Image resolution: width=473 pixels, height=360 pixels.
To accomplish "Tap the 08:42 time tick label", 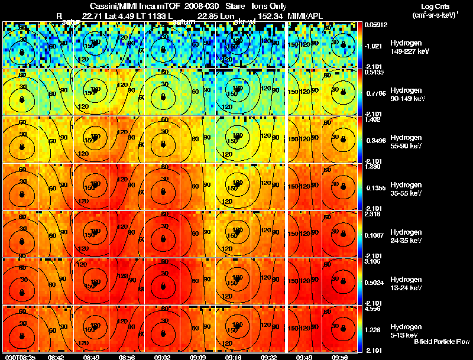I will click(x=56, y=357).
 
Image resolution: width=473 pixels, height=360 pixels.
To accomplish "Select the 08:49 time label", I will click(x=91, y=357).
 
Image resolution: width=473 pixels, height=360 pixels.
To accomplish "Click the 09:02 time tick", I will click(x=163, y=357).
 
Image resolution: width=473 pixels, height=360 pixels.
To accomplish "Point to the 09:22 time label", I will click(x=269, y=357).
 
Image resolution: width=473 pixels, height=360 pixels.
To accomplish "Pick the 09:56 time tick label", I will click(x=339, y=357).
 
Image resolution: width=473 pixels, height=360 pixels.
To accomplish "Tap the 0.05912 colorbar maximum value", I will click(x=375, y=25).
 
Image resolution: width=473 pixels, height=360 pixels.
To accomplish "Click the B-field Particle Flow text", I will click(x=441, y=342).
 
